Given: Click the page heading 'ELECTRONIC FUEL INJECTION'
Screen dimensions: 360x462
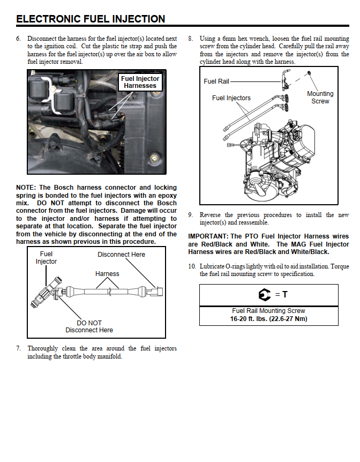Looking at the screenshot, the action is tap(91, 19).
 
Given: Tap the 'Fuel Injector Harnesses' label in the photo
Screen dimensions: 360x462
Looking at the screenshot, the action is tap(140, 82).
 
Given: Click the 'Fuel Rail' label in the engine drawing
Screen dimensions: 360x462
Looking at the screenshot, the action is tap(216, 81).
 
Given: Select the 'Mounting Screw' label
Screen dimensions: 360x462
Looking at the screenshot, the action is tap(320, 97).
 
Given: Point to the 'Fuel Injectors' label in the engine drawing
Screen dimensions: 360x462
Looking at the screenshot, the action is tap(231, 98).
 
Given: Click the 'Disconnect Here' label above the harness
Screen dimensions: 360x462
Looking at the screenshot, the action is tap(122, 254).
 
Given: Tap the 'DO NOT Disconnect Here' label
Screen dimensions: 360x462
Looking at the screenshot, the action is tap(89, 326).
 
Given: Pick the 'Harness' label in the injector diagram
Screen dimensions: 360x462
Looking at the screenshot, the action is tap(107, 274).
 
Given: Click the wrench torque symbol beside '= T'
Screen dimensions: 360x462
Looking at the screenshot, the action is tap(265, 295).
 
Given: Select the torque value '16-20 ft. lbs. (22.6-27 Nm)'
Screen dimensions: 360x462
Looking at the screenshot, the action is tap(269, 319).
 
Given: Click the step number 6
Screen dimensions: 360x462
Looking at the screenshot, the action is tap(19, 39).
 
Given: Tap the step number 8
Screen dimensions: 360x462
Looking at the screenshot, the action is tap(191, 39).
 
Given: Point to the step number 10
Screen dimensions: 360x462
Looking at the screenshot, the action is tap(192, 266).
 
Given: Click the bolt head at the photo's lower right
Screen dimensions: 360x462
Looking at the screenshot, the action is tap(154, 159).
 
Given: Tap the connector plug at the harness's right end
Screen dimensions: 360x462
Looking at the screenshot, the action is tap(155, 292).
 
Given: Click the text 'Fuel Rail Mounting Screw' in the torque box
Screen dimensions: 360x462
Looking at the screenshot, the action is tap(269, 311).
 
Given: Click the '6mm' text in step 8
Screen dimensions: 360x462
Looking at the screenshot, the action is tap(229, 39).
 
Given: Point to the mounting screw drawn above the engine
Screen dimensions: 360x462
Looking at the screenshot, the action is tap(309, 72).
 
